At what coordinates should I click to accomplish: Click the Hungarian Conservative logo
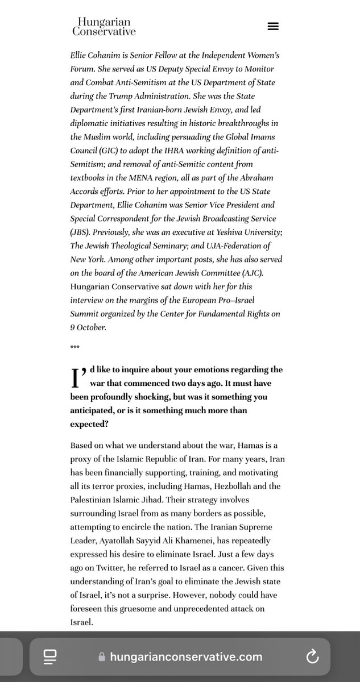coord(104,26)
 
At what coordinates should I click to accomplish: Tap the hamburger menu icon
coord(273,26)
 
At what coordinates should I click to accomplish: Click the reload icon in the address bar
coord(312,657)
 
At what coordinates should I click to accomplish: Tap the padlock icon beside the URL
coord(102,657)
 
